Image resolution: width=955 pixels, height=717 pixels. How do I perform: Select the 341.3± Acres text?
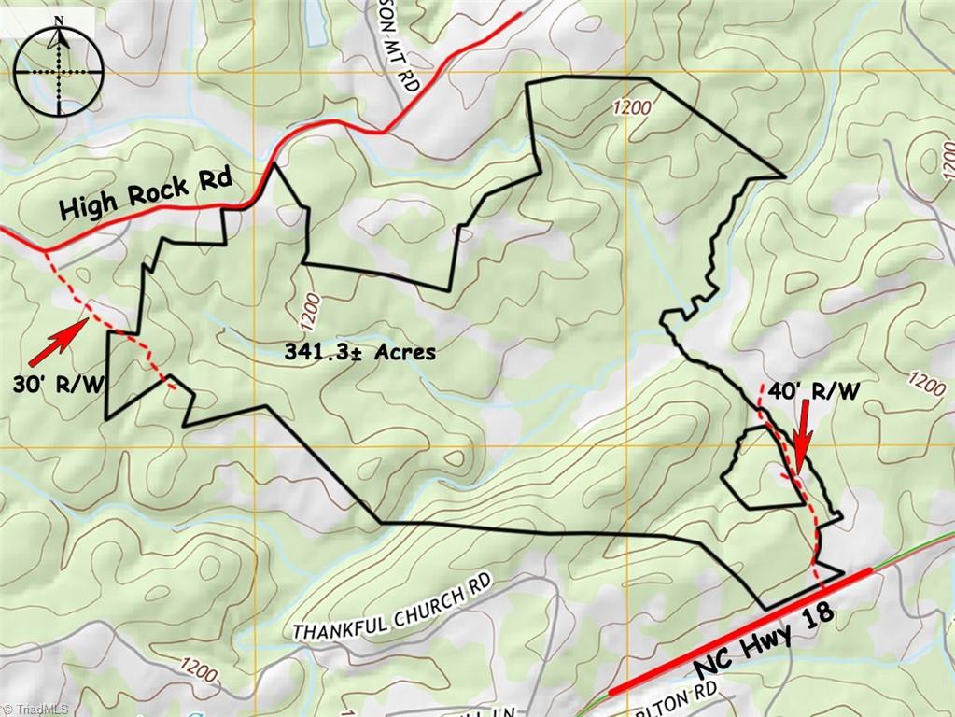click(359, 352)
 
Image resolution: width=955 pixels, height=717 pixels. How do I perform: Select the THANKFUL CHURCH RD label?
click(392, 610)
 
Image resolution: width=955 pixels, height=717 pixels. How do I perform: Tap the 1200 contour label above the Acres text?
click(311, 309)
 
